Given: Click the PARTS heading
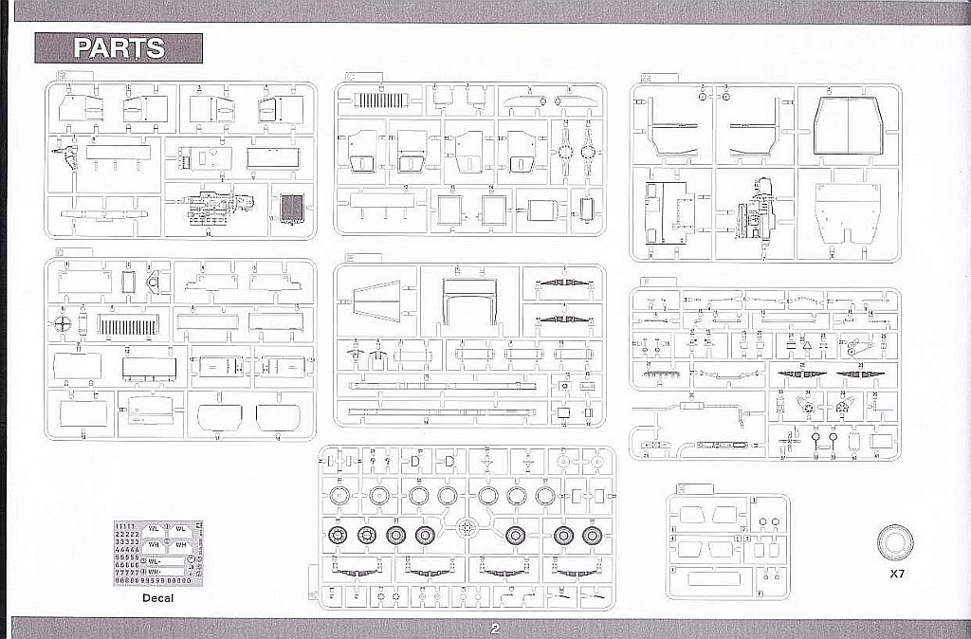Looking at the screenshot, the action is (x=119, y=48).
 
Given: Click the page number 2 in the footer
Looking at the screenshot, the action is (x=495, y=629).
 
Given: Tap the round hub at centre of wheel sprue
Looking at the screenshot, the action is (x=465, y=527).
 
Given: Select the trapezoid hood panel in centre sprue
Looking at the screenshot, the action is (x=376, y=305).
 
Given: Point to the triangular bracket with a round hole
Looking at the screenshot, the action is (x=155, y=281).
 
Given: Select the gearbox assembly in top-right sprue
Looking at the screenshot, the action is (x=759, y=213).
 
